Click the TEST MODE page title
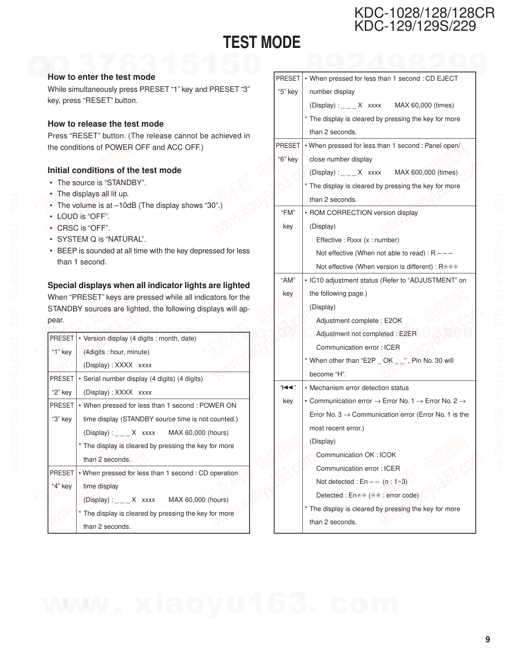[262, 43]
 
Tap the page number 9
[487, 640]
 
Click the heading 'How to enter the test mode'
[101, 77]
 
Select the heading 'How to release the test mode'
[105, 124]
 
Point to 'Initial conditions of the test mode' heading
[114, 171]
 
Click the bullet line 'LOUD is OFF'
[83, 216]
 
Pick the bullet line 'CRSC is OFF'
[83, 228]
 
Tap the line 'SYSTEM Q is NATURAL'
[101, 239]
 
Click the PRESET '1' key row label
[61, 345]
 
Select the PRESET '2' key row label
[61, 385]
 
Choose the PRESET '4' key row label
[61, 480]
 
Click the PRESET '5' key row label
[288, 85]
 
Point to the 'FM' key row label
[288, 219]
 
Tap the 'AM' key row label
[288, 287]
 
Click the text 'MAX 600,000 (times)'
[426, 173]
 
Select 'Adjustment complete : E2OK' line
[359, 321]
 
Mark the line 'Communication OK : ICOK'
[356, 455]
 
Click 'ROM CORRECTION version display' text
[363, 213]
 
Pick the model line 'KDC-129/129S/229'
[415, 26]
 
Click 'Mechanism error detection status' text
[359, 388]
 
